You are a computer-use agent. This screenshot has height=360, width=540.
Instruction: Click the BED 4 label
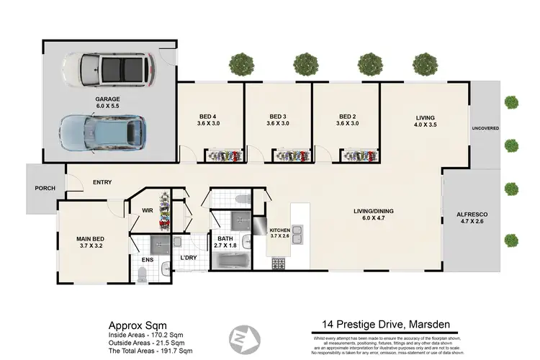click(x=208, y=120)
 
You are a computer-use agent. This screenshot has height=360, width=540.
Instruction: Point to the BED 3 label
click(x=278, y=120)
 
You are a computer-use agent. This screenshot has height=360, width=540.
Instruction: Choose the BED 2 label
click(x=347, y=120)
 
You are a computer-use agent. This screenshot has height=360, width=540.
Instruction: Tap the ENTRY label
click(x=102, y=182)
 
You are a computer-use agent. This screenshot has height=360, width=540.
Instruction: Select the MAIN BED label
click(x=91, y=239)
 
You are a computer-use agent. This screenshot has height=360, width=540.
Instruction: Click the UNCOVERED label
click(x=485, y=128)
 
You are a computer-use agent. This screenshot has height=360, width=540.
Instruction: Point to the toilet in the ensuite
click(x=143, y=272)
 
